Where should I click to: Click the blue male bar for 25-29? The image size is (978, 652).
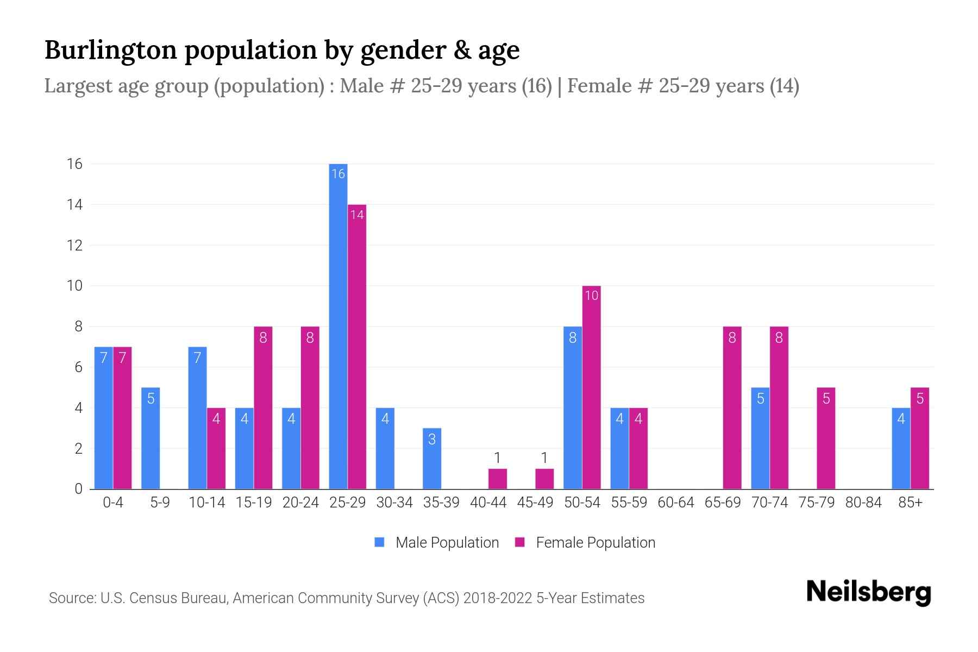pos(338,326)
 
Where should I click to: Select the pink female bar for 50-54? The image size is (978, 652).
pos(591,387)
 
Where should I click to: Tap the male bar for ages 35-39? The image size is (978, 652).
pos(432,459)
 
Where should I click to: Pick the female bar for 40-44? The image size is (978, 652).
pos(497,479)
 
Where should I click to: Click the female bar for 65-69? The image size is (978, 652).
pos(732,407)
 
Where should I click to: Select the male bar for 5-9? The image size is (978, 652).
pos(151,438)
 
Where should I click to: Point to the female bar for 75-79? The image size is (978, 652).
pos(826,438)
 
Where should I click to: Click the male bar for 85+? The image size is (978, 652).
pos(901,448)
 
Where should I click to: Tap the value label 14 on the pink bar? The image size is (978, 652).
pos(356,215)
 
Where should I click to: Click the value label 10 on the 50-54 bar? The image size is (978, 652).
pos(591,296)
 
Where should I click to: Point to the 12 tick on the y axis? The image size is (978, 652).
pos(74,245)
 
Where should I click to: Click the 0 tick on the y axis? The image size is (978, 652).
pos(78,489)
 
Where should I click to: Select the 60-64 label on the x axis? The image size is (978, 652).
pos(675,503)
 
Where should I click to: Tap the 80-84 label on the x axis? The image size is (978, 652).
pos(863,503)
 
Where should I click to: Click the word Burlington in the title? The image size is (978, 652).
pos(111,50)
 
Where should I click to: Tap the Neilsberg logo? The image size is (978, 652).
pos(868,592)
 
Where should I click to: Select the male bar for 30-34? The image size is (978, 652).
pos(385,448)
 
